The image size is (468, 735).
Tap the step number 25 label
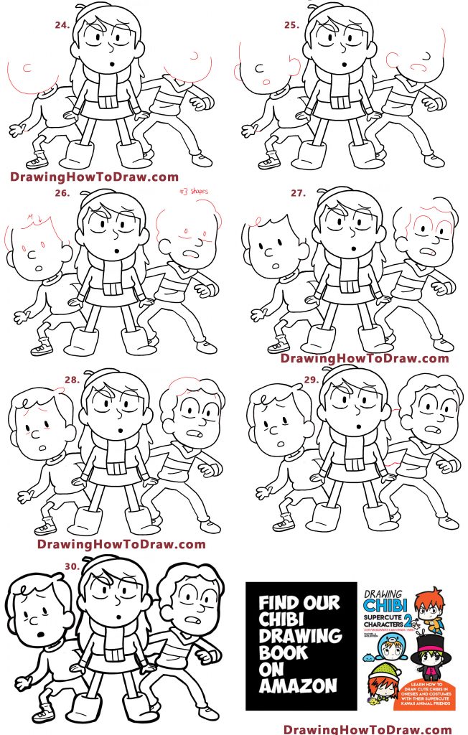coord(291,24)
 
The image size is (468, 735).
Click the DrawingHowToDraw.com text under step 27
coord(365,358)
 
